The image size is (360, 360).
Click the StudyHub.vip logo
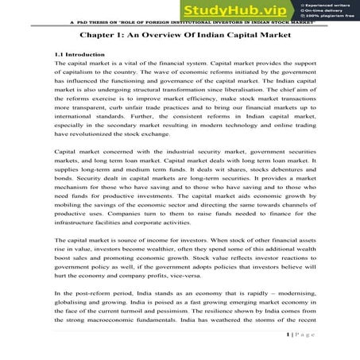(x=225, y=10)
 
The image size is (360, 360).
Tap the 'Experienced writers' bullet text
(x=327, y=5)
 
